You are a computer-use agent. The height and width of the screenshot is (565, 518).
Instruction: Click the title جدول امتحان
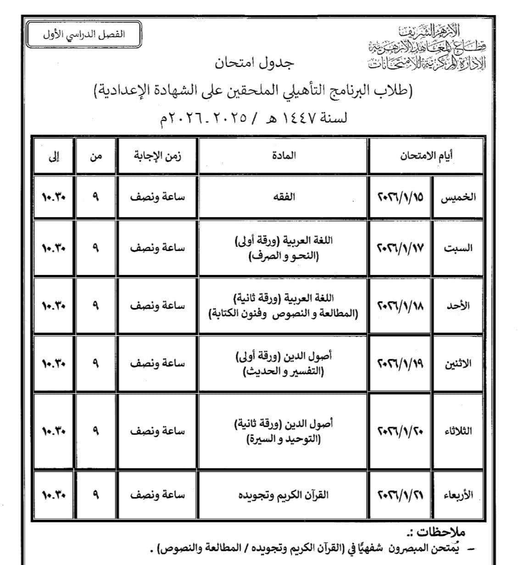point(254,63)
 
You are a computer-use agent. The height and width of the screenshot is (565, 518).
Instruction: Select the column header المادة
point(284,155)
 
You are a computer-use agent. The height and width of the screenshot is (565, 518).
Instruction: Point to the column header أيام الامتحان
point(425,155)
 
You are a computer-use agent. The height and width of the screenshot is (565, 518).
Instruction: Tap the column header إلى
point(53,156)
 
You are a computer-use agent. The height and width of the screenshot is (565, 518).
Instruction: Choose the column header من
point(95,156)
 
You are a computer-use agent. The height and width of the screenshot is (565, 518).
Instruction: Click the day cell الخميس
point(458,197)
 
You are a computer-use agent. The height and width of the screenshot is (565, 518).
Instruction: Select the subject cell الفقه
point(284,197)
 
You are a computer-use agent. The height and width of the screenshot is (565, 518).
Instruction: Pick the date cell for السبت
point(400,248)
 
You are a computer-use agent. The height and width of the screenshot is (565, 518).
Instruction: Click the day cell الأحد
point(458,306)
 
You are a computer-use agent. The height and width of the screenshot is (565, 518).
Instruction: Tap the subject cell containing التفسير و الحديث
point(284,364)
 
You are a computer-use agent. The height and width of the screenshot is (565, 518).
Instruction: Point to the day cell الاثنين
point(458,364)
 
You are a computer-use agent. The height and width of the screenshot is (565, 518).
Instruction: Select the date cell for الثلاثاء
point(400,431)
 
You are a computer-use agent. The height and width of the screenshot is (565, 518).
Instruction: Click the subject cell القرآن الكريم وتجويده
point(284,495)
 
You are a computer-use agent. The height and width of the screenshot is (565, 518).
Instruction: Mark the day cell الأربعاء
point(458,495)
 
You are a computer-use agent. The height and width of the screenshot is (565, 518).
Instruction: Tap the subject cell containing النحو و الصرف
point(284,248)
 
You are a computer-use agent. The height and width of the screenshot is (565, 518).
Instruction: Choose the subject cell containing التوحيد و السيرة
point(284,431)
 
